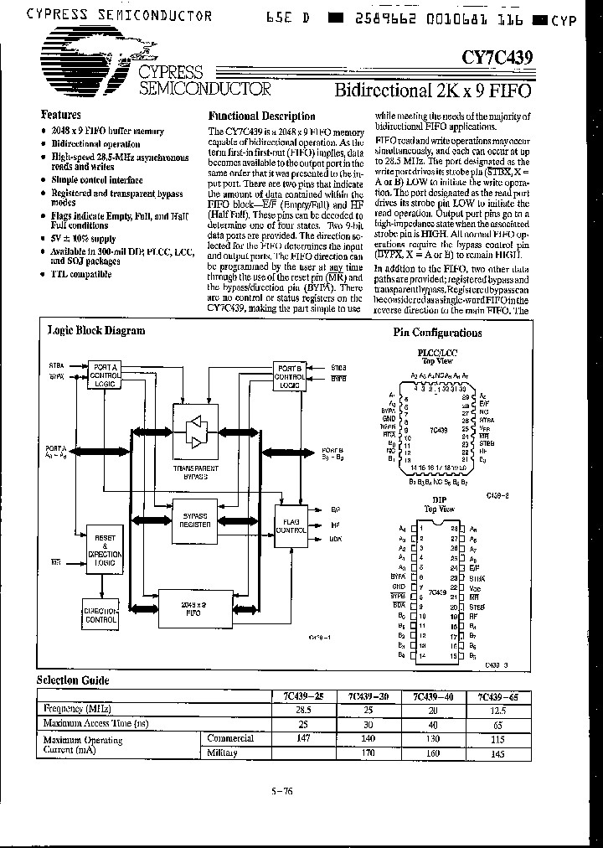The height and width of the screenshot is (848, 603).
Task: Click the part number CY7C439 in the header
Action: coord(496,57)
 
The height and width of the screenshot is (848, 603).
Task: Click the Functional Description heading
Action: coord(261,116)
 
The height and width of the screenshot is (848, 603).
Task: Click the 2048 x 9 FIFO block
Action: coord(193,608)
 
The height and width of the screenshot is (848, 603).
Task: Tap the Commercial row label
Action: coord(230,738)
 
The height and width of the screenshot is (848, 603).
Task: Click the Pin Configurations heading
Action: coord(437,333)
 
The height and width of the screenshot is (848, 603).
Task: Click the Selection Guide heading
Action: coord(73,680)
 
